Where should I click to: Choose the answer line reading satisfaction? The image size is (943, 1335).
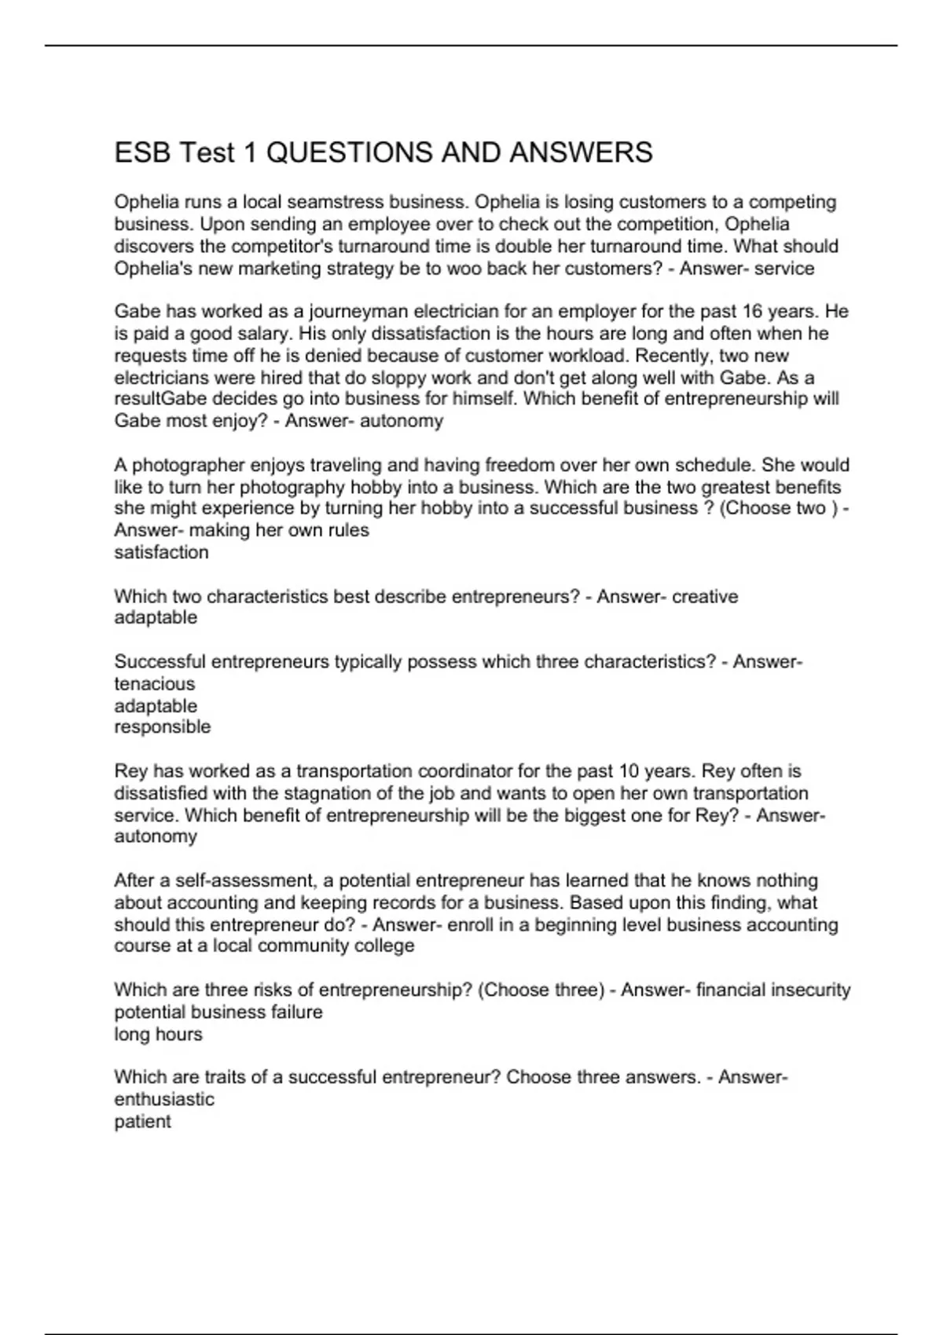162,553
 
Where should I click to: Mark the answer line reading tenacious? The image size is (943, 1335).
154,684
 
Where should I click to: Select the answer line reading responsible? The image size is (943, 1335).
163,727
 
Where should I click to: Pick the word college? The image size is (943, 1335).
386,946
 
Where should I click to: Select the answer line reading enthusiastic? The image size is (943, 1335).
164,1099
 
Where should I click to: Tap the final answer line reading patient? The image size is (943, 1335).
142,1121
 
